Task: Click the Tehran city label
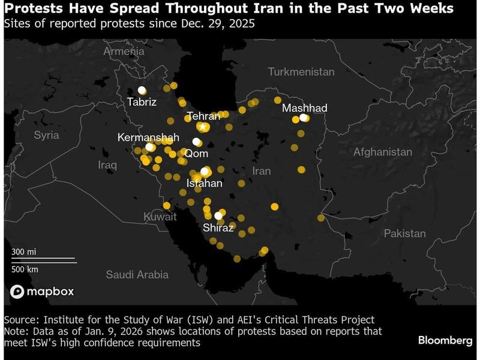pyautogui.click(x=203, y=116)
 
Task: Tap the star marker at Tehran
pyautogui.click(x=203, y=127)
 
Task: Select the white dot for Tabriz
pyautogui.click(x=142, y=89)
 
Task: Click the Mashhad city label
pyautogui.click(x=304, y=107)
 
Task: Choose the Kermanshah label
pyautogui.click(x=148, y=137)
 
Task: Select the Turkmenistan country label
pyautogui.click(x=301, y=71)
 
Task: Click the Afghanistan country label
pyautogui.click(x=383, y=152)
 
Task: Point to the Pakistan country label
pyautogui.click(x=405, y=233)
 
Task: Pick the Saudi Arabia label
pyautogui.click(x=137, y=274)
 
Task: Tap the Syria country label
pyautogui.click(x=46, y=135)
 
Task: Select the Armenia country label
pyautogui.click(x=124, y=52)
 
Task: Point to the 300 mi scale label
pyautogui.click(x=23, y=251)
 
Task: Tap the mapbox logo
pyautogui.click(x=42, y=292)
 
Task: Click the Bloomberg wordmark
pyautogui.click(x=445, y=340)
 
